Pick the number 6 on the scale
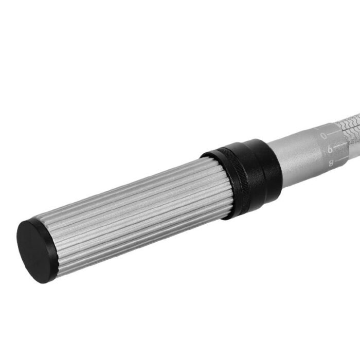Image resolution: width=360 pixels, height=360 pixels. (x=330, y=149)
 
